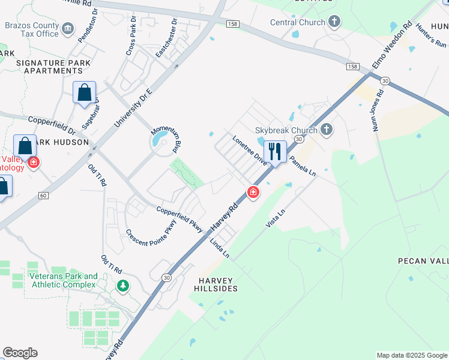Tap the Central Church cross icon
[334, 23]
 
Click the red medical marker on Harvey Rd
[253, 193]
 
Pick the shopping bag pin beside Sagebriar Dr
[84, 93]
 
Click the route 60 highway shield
[43, 195]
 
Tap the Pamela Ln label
[303, 161]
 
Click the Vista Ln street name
[277, 217]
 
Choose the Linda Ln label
[220, 248]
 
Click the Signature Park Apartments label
[53, 67]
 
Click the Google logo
[20, 353]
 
